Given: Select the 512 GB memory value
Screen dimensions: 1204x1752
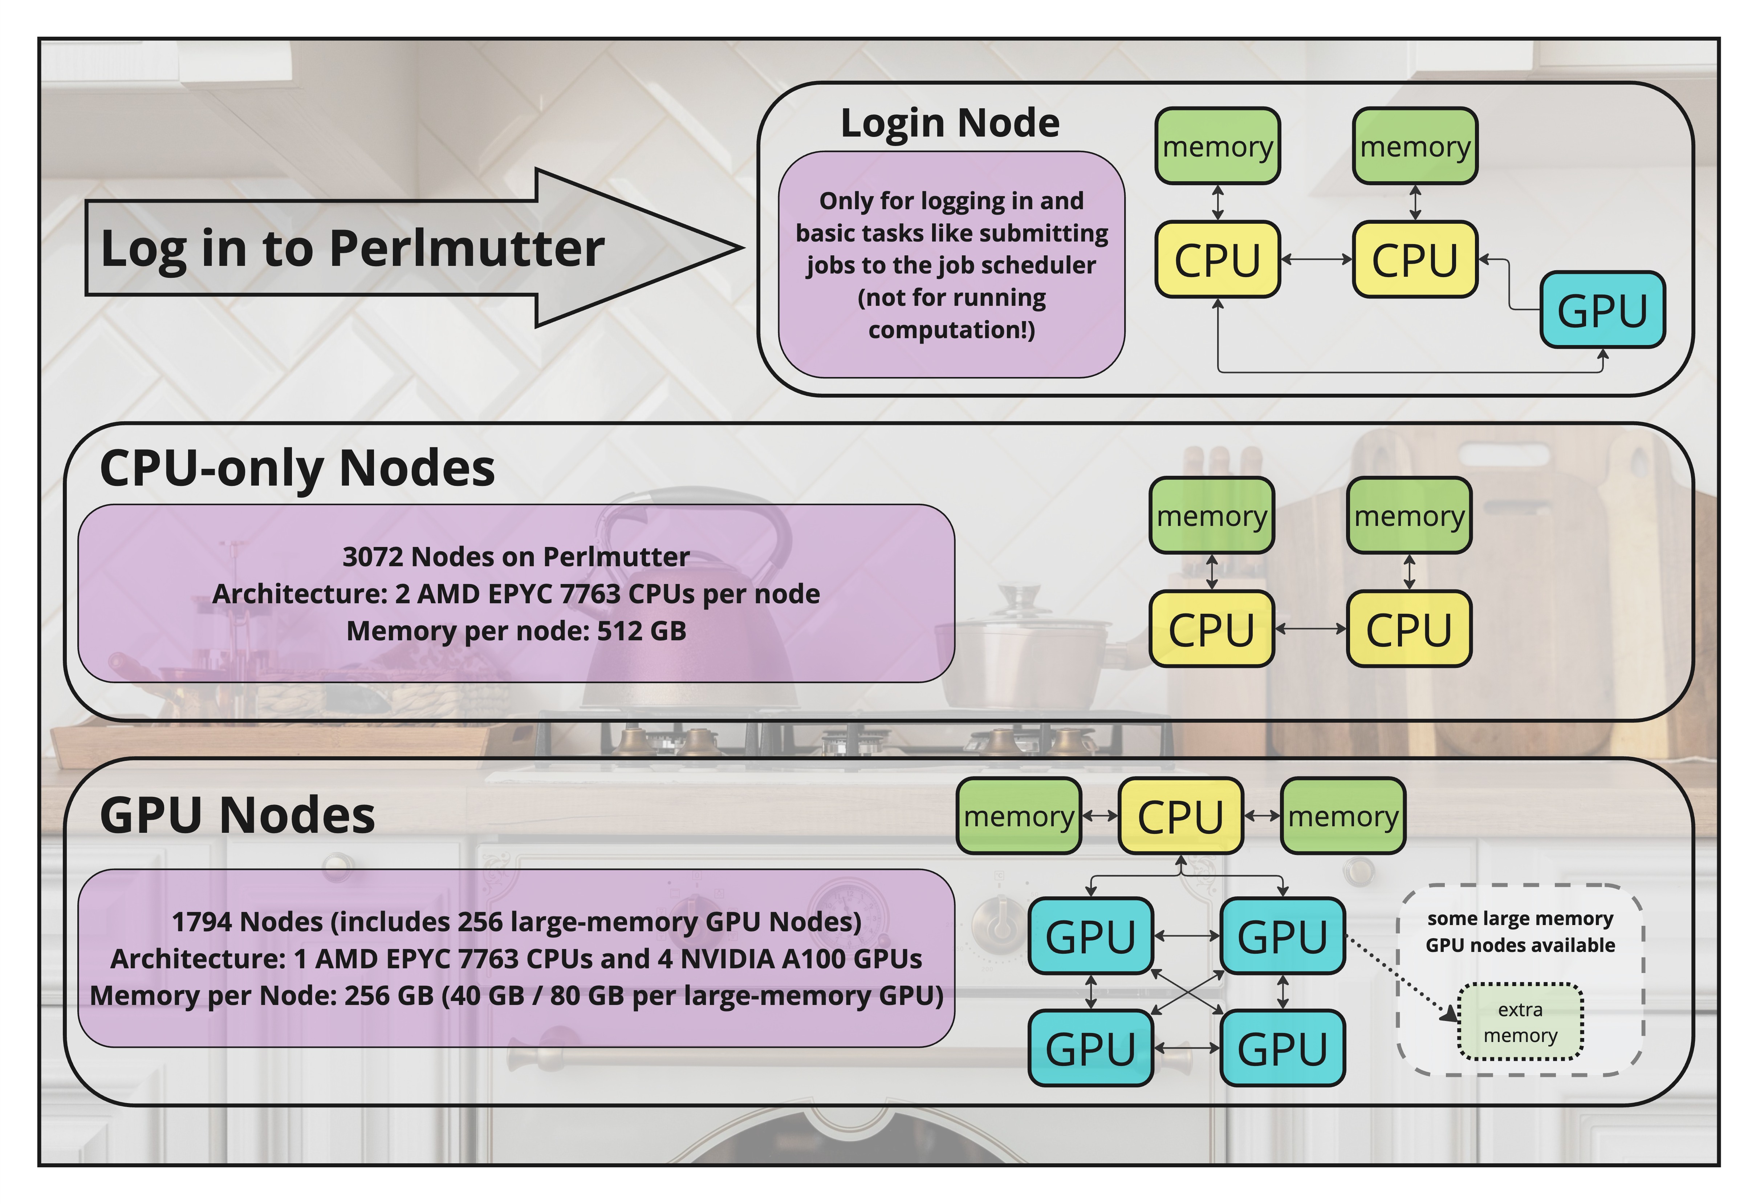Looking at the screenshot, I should (641, 631).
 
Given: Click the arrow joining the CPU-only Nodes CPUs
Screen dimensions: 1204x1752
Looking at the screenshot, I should (1310, 628).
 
